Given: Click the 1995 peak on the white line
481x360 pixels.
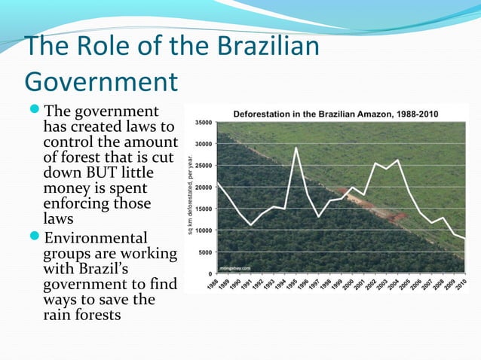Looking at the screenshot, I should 296,148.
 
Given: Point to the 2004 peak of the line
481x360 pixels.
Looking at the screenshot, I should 397,160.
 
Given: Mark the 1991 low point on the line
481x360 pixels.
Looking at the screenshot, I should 251,224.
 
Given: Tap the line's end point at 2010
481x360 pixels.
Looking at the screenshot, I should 464,238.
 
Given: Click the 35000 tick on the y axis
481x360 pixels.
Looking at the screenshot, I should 203,122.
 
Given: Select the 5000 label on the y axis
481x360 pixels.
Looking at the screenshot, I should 204,252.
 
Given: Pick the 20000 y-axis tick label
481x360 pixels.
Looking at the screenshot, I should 203,187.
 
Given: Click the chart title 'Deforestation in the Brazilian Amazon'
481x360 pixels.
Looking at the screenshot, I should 317,114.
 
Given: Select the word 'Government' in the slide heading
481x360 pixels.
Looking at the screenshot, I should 101,81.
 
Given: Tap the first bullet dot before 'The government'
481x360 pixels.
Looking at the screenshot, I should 38,111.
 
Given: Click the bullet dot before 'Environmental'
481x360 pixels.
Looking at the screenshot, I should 38,239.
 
